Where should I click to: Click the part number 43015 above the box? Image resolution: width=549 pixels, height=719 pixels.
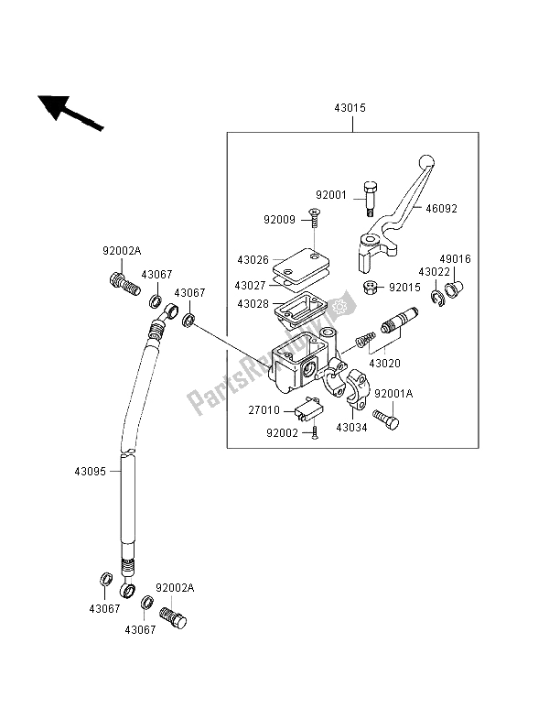pyautogui.click(x=350, y=108)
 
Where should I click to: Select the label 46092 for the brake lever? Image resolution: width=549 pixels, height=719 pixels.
pyautogui.click(x=441, y=209)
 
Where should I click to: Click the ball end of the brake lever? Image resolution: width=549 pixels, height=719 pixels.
pyautogui.click(x=426, y=162)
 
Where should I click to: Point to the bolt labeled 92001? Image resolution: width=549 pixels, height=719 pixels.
pyautogui.click(x=370, y=199)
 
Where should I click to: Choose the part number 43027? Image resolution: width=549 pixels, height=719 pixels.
pyautogui.click(x=250, y=285)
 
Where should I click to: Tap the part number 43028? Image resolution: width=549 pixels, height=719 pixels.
pyautogui.click(x=253, y=303)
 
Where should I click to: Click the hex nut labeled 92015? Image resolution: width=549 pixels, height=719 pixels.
pyautogui.click(x=371, y=288)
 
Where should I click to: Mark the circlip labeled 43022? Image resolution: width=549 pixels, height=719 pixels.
pyautogui.click(x=438, y=298)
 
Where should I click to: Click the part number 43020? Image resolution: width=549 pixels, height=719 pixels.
pyautogui.click(x=384, y=364)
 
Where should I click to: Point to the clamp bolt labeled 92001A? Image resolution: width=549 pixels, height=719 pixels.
pyautogui.click(x=385, y=419)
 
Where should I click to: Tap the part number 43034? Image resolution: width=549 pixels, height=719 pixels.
pyautogui.click(x=351, y=428)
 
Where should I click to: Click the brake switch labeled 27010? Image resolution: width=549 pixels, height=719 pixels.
pyautogui.click(x=309, y=409)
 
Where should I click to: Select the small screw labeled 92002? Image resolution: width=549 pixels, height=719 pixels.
pyautogui.click(x=315, y=432)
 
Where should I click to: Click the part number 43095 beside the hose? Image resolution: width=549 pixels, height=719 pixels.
pyautogui.click(x=91, y=472)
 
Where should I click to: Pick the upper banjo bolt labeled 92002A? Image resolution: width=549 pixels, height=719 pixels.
pyautogui.click(x=124, y=285)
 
